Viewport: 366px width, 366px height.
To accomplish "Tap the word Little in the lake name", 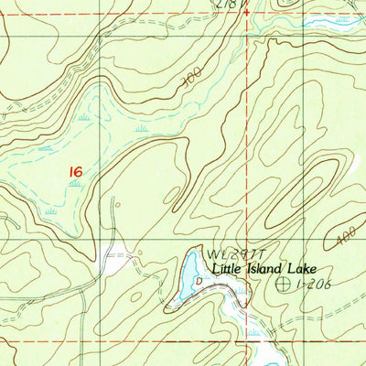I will click(x=230, y=269).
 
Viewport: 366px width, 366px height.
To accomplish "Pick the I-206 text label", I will click(x=313, y=285).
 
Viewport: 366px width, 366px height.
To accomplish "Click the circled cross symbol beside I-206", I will click(x=283, y=285).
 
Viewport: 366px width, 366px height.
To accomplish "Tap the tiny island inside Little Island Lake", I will click(x=199, y=281).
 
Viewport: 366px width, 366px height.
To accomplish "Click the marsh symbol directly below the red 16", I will click(x=75, y=184).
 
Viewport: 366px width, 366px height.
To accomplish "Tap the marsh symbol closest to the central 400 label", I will click(x=143, y=130).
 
